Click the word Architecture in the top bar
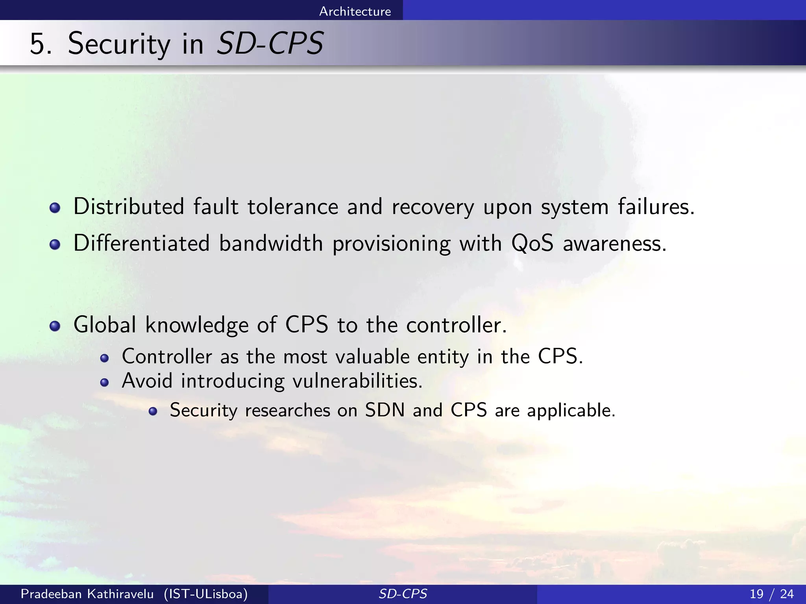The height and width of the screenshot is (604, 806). coord(355,11)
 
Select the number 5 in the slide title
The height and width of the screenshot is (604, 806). coord(40,44)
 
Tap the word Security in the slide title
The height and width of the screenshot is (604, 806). coord(119,44)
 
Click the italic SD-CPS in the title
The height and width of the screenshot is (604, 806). coord(270,43)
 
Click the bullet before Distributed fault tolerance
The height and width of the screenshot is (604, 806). coord(55,208)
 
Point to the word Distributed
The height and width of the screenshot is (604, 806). coord(129,206)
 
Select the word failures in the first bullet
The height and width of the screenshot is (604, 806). coord(656,206)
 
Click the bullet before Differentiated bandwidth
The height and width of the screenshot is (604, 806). coord(55,245)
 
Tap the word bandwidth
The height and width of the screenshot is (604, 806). coord(271,243)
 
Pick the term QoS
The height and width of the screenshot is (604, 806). coord(532,243)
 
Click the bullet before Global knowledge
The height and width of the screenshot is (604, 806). coord(55,326)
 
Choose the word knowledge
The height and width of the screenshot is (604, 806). coord(197,325)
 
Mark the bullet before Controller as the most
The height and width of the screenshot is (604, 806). coord(104,358)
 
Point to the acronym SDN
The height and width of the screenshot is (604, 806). coord(385,410)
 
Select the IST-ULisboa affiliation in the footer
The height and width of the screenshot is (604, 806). coord(206,594)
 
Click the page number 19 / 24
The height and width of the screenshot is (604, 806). coord(771,594)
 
